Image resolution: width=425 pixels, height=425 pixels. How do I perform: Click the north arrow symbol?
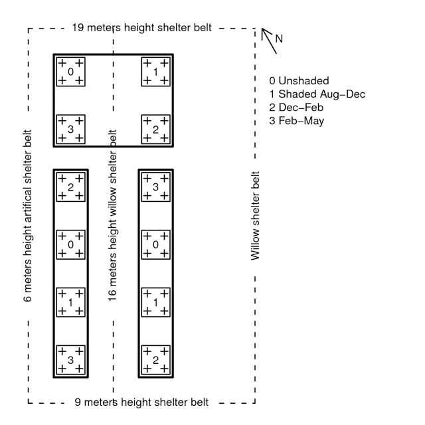[x=269, y=40]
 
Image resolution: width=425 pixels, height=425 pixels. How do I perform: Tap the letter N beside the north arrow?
[x=279, y=39]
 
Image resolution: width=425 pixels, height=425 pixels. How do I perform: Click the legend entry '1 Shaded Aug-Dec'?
[x=317, y=94]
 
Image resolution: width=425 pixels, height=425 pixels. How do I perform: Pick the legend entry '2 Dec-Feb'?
[x=297, y=108]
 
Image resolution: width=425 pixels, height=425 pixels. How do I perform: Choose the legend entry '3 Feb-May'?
[x=297, y=121]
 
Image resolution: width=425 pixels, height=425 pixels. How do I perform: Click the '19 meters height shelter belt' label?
[x=141, y=28]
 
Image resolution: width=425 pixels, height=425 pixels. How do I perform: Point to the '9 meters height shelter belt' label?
[x=141, y=402]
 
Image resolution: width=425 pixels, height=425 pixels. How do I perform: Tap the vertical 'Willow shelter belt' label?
[x=255, y=216]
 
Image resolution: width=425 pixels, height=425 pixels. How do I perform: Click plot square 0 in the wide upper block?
[x=70, y=71]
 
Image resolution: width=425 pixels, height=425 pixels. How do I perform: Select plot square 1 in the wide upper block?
[x=155, y=71]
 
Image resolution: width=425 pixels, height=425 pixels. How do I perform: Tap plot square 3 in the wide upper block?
[x=70, y=129]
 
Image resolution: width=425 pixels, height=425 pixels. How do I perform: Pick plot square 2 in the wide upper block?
[x=155, y=129]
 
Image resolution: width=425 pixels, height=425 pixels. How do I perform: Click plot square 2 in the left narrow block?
[x=70, y=187]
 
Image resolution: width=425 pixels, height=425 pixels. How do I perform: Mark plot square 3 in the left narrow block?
[x=70, y=359]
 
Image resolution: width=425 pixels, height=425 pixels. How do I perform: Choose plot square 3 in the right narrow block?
[x=155, y=187]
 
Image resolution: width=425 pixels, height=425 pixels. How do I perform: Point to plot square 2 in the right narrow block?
[x=155, y=359]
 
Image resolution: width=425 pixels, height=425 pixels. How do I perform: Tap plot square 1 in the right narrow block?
[x=155, y=301]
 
